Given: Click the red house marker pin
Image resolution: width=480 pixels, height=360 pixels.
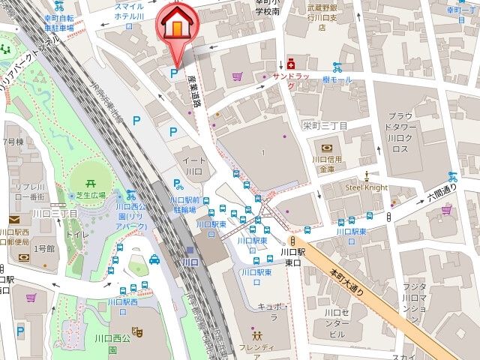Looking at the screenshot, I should [x=175, y=25].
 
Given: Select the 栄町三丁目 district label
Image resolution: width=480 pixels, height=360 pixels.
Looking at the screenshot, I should [x=325, y=126].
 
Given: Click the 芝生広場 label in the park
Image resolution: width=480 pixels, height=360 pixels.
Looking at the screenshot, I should [x=90, y=194].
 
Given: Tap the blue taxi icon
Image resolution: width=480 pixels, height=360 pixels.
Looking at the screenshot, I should [x=154, y=259].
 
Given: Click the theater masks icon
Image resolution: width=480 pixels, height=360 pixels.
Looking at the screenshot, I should [x=137, y=330].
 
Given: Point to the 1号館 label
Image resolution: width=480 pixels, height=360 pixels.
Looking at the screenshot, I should [x=45, y=248].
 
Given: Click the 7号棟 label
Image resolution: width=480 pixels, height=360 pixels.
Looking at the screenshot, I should [x=13, y=142].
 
